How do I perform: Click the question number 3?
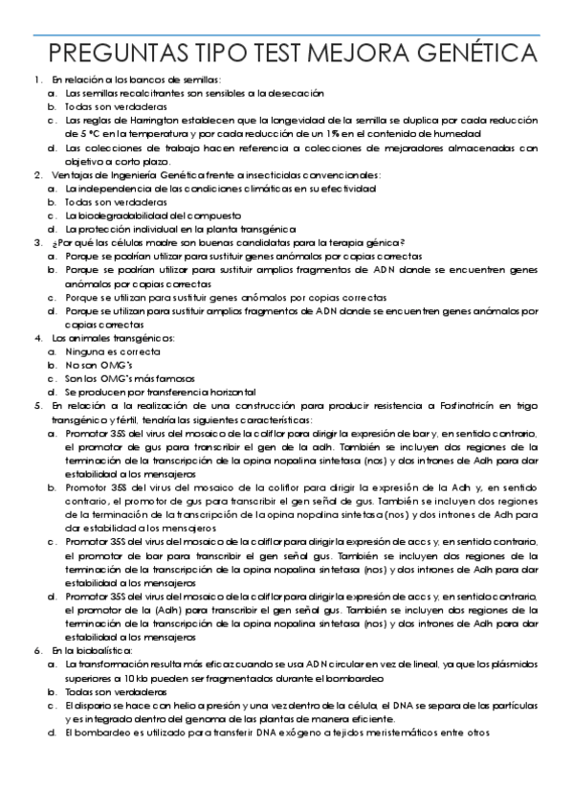(x=37, y=243)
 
